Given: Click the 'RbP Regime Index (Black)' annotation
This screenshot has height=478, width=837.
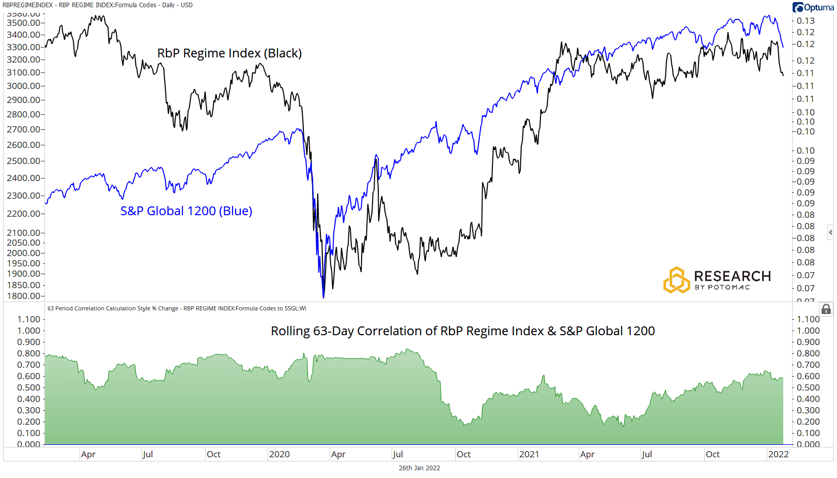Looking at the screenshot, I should click(229, 53).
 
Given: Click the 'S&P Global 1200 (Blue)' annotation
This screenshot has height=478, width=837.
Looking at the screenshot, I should click(186, 211).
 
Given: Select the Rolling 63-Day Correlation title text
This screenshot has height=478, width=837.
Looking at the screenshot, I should click(462, 331).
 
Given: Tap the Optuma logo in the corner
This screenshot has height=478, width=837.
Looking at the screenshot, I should click(813, 7).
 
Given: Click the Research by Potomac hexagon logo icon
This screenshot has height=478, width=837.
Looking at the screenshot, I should click(676, 280).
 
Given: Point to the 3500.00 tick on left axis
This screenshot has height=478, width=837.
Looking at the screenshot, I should click(23, 23).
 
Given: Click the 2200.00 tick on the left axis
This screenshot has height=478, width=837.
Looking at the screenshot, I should click(23, 214).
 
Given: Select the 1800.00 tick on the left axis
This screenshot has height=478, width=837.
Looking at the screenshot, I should click(23, 296).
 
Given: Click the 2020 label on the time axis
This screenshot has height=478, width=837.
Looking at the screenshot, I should click(279, 454).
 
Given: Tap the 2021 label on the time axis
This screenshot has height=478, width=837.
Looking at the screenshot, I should click(529, 454).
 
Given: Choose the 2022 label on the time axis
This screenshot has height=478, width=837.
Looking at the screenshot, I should click(778, 454).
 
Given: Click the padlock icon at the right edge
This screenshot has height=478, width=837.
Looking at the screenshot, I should click(826, 309).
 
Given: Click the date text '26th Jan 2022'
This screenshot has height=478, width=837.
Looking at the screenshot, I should click(419, 468).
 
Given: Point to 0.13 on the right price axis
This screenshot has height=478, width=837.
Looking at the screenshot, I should click(805, 21).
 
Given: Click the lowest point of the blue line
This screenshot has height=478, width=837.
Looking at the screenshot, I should click(324, 297).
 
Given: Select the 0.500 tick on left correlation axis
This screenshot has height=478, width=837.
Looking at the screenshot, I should click(28, 387).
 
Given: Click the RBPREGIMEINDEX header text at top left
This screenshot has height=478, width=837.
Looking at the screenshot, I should click(27, 5).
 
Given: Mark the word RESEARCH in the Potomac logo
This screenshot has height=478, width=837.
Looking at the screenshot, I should click(732, 276).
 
